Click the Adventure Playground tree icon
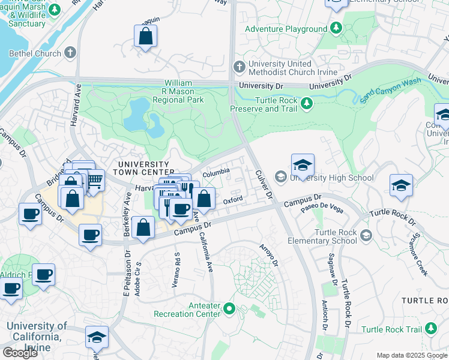click(x=336, y=28)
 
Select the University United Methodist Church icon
click(x=239, y=65)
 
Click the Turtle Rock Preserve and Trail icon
click(x=307, y=104)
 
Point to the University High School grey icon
click(x=280, y=177)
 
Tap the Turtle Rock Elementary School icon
click(x=366, y=237)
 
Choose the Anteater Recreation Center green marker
click(x=228, y=309)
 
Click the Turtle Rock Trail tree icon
click(x=430, y=328)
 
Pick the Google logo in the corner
click(x=20, y=353)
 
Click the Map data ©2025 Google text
click(x=412, y=355)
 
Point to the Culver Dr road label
click(x=264, y=184)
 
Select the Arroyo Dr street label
click(x=268, y=256)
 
